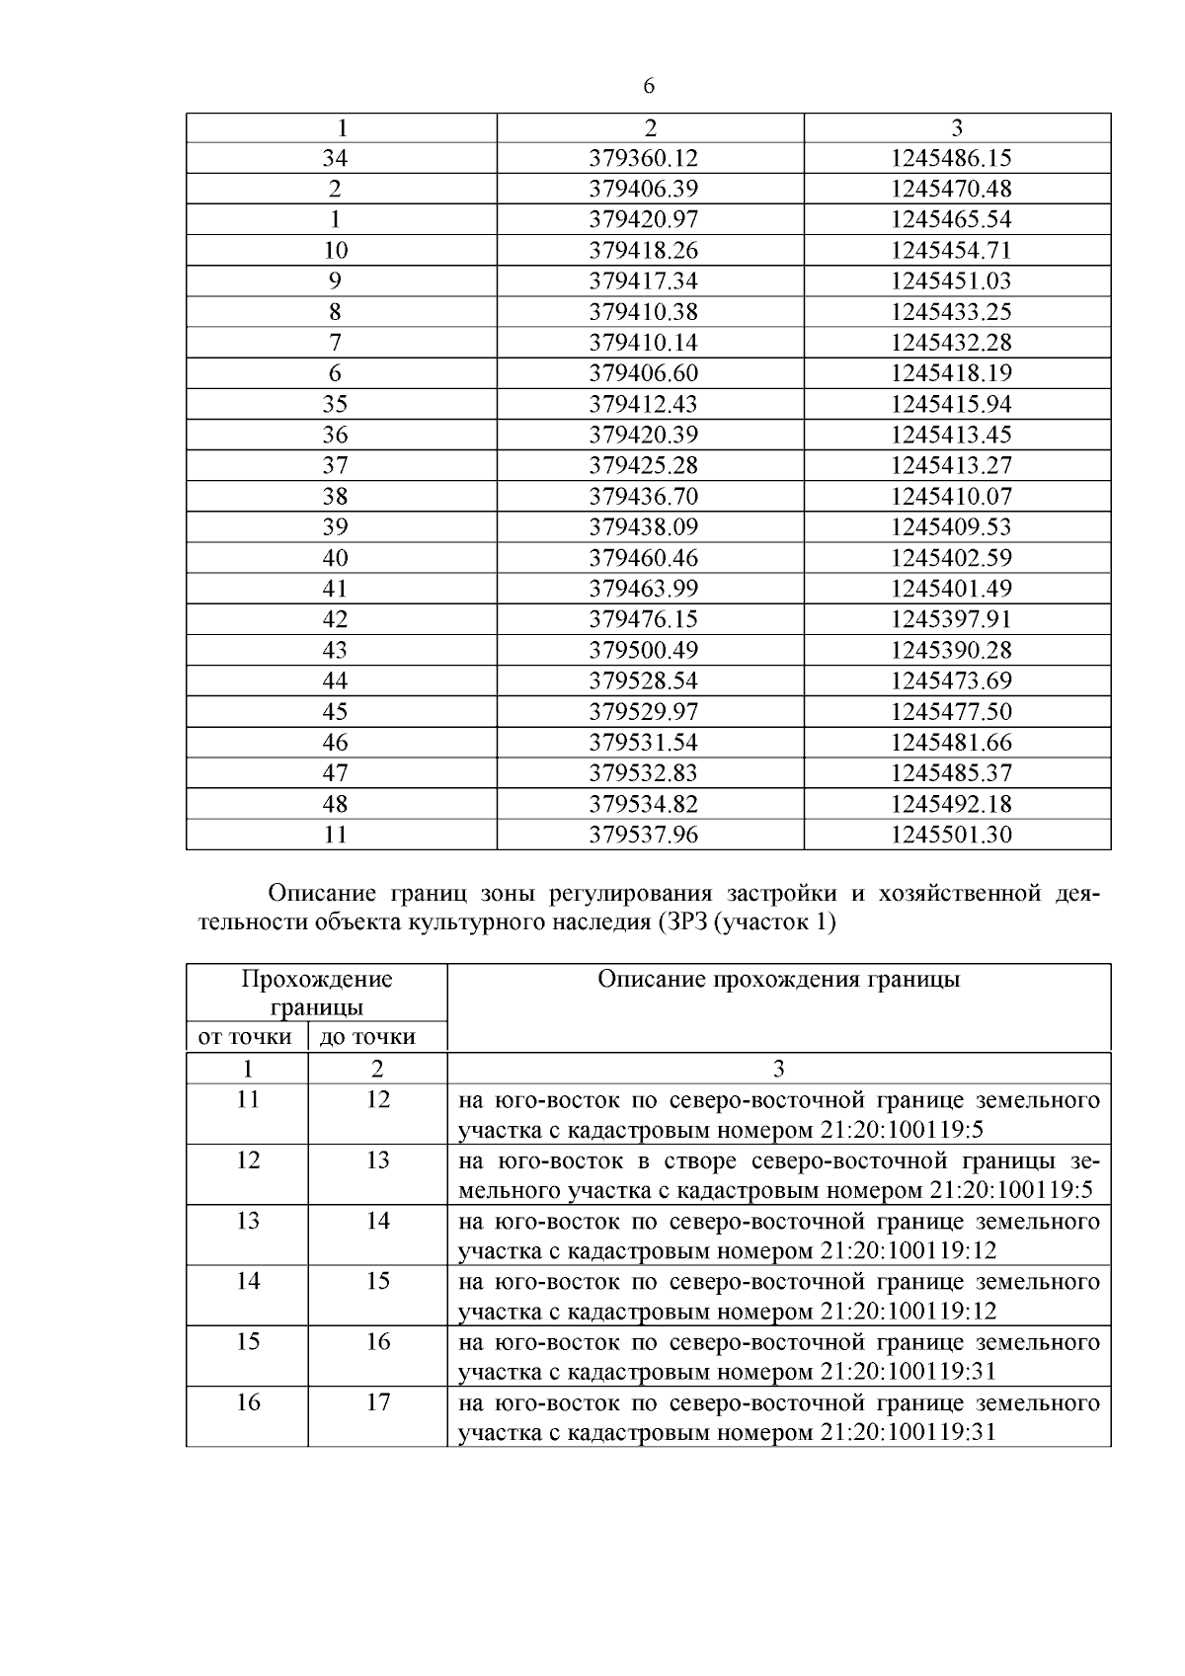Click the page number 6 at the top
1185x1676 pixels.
point(649,87)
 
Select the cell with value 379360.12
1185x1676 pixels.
point(643,158)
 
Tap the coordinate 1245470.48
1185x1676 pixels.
point(950,189)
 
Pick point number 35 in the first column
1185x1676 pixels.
point(335,404)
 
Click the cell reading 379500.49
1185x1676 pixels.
point(643,650)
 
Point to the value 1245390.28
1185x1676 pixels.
point(950,650)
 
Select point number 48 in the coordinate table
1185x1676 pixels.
point(335,804)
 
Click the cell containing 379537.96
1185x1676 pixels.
point(643,835)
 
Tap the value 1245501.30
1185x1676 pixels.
point(950,835)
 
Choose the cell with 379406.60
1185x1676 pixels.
point(643,373)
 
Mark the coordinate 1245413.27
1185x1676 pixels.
point(950,465)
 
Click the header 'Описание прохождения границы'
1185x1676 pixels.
point(778,980)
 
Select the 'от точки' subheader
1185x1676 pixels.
point(245,1037)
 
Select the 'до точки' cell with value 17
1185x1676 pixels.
point(378,1402)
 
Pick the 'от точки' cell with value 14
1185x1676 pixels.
point(248,1281)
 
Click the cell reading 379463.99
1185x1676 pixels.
point(643,589)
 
